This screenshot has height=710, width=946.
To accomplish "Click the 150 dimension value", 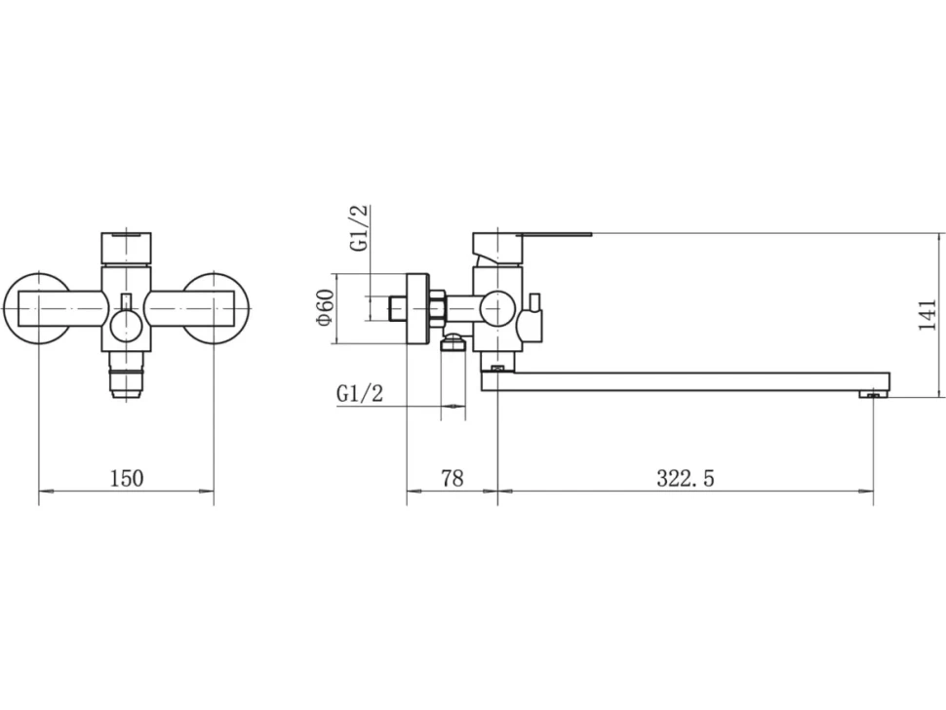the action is [x=127, y=478].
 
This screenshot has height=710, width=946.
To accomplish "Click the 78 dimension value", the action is [x=453, y=478].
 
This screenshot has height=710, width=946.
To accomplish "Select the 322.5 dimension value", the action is [x=686, y=478].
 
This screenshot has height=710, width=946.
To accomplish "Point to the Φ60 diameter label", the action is [x=324, y=307].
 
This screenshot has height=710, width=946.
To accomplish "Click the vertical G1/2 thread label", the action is [x=358, y=228].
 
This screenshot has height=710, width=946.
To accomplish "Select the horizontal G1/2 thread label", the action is [x=360, y=394].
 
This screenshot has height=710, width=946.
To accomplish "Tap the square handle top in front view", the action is [x=127, y=248].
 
